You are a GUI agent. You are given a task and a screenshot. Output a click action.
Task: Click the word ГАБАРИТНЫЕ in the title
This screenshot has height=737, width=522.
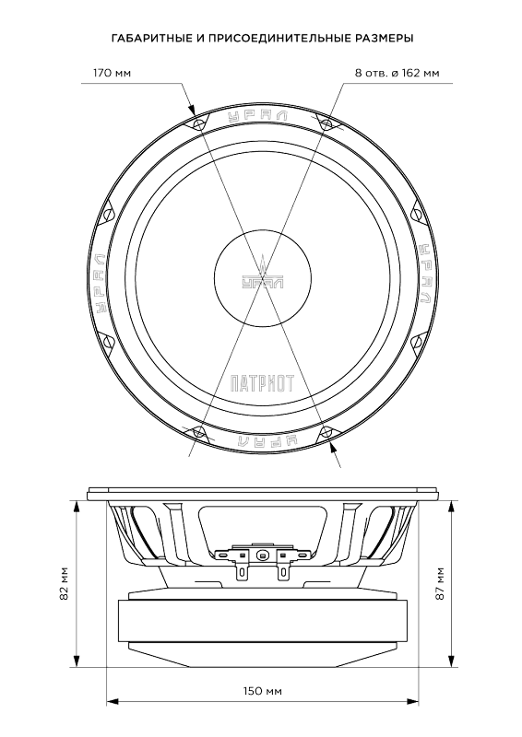tap(150, 38)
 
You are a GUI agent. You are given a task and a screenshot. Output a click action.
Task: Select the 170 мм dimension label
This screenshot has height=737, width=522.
tap(112, 73)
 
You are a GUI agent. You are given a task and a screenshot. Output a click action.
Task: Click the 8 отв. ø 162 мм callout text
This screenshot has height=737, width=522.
tap(397, 73)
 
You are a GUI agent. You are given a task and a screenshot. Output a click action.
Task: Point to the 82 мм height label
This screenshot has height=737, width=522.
tap(65, 584)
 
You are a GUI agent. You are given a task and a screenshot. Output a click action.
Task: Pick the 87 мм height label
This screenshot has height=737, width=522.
tap(440, 584)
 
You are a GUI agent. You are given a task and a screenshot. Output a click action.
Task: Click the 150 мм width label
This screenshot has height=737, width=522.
tap(263, 691)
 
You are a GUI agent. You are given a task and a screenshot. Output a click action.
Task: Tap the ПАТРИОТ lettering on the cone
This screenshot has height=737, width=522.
tap(262, 383)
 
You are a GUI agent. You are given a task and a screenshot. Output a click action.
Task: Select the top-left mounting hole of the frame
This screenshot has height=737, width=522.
tap(198, 123)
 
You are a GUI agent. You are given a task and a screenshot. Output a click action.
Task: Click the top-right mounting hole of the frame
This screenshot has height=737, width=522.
tap(326, 123)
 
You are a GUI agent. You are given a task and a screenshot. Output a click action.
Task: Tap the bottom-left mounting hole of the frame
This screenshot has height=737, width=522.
tap(198, 431)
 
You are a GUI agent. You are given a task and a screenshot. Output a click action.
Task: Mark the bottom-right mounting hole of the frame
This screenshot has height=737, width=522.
tap(326, 431)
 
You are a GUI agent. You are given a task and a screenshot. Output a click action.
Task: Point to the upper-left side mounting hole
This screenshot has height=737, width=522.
tap(108, 215)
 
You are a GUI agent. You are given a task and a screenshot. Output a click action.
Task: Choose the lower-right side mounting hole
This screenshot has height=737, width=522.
tap(417, 341)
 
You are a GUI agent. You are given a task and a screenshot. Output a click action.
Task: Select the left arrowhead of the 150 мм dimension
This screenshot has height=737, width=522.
tap(112, 702)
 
